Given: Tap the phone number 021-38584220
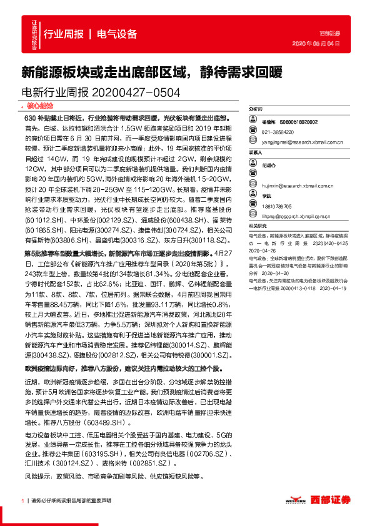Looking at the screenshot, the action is (x=278, y=132).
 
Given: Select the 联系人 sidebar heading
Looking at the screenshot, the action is (x=256, y=152).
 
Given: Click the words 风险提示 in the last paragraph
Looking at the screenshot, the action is (x=38, y=477).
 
